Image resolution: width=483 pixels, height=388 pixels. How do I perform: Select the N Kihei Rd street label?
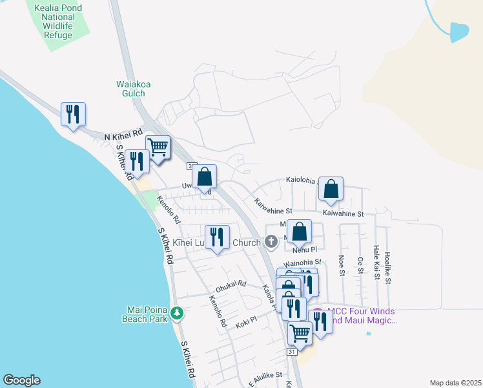(123, 136)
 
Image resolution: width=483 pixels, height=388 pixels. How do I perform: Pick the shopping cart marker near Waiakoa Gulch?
(157, 147)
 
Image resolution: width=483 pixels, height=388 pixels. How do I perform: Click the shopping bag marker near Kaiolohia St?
(331, 189)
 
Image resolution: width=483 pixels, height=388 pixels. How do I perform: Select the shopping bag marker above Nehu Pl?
(300, 231)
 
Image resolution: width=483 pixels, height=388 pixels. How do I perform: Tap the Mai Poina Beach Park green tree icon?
(177, 314)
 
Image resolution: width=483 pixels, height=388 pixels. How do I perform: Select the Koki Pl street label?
(246, 319)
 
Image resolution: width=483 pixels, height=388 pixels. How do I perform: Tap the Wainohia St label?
(303, 263)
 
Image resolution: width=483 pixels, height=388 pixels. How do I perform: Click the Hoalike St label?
(388, 265)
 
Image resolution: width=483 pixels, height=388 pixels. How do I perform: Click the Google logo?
(21, 380)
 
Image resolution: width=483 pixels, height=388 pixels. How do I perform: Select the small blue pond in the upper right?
(458, 32)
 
